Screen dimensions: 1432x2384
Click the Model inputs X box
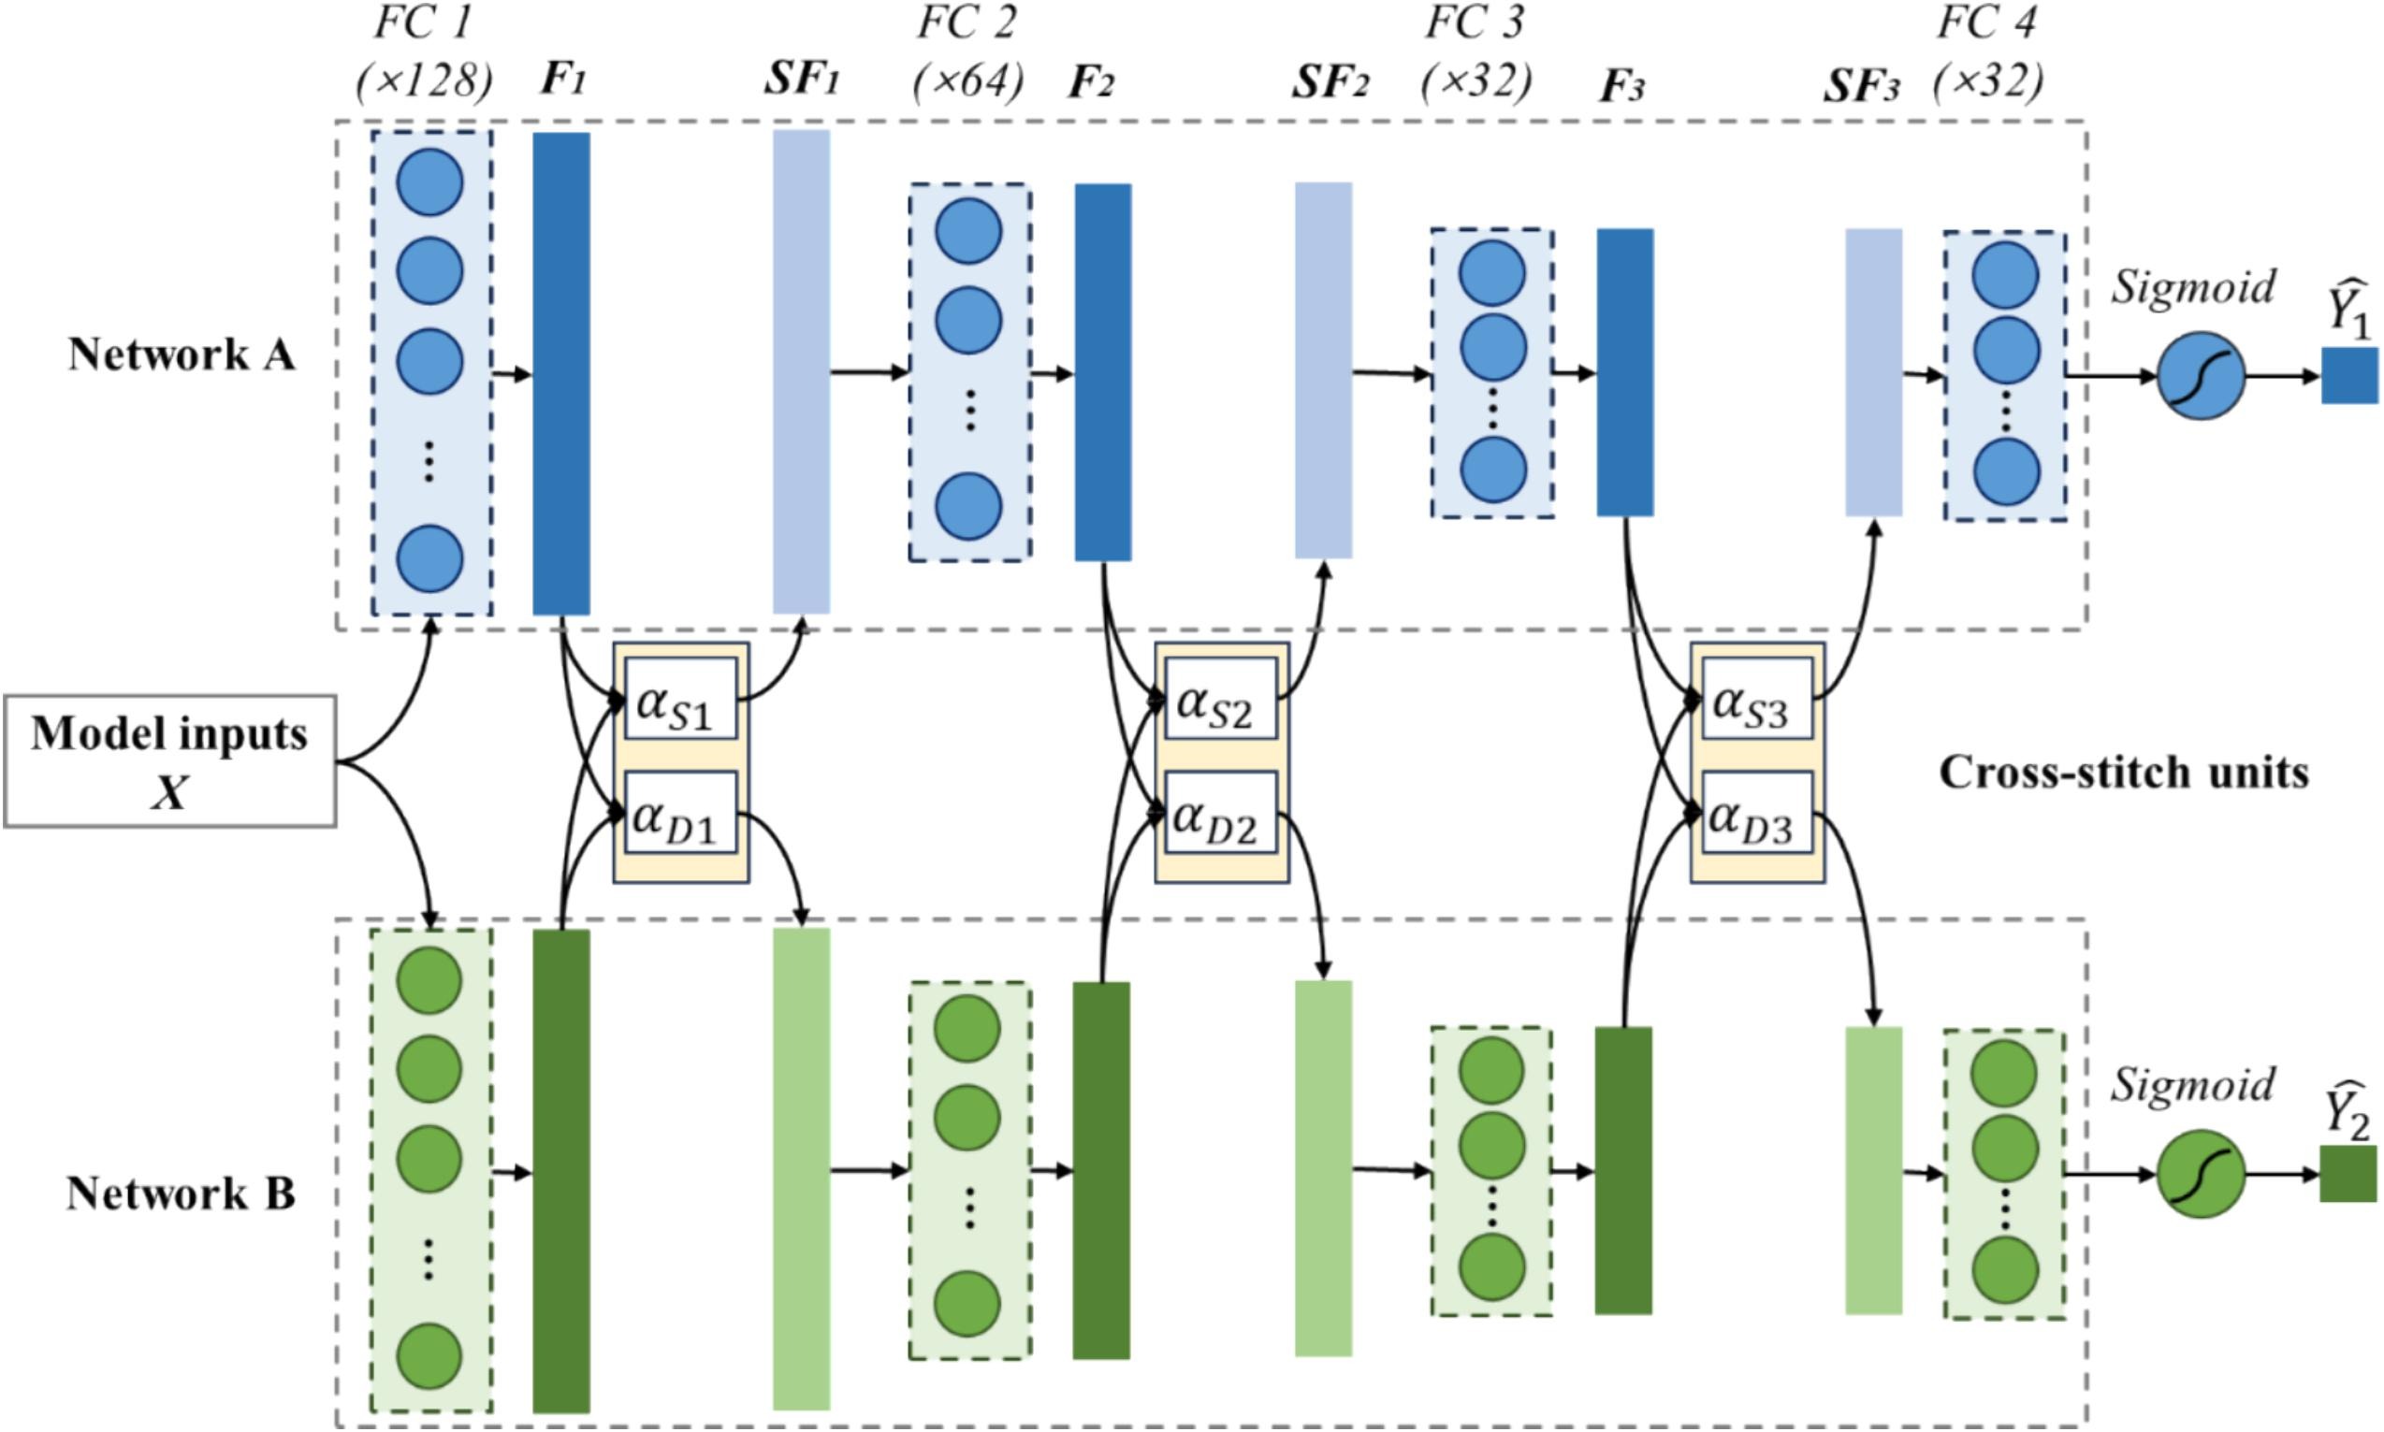(170, 761)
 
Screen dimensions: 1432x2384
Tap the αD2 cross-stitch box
(1220, 814)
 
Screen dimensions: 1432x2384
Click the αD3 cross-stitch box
(1756, 814)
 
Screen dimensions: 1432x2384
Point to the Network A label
(182, 354)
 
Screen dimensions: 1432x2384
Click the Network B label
(181, 1193)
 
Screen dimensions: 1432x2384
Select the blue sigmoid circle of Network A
(2201, 376)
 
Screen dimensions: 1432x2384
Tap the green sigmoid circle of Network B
(2200, 1175)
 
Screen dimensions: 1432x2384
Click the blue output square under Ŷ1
(2349, 375)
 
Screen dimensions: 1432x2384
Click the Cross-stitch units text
(2123, 772)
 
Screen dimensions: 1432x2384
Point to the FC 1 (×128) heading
(424, 53)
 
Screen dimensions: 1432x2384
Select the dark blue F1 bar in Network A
(561, 373)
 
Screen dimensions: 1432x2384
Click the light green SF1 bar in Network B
(801, 1168)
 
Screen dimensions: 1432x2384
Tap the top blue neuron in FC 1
(429, 182)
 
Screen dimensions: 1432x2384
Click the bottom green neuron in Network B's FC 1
(429, 1355)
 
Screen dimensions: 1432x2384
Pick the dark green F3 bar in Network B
(1623, 1170)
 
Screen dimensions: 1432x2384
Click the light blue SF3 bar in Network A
(1873, 372)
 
